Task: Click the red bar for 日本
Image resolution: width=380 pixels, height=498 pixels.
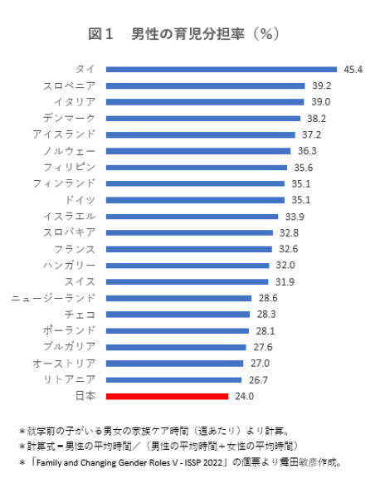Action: point(167,396)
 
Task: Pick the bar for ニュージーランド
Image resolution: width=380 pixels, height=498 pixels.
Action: point(178,298)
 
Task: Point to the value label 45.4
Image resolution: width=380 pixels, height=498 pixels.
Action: point(352,70)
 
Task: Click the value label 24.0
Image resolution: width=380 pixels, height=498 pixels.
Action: point(243,396)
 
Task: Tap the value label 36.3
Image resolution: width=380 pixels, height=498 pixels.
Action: point(307,151)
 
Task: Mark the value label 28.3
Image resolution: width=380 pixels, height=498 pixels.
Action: point(266,315)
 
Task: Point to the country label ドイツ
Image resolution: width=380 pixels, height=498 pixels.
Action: point(80,200)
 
